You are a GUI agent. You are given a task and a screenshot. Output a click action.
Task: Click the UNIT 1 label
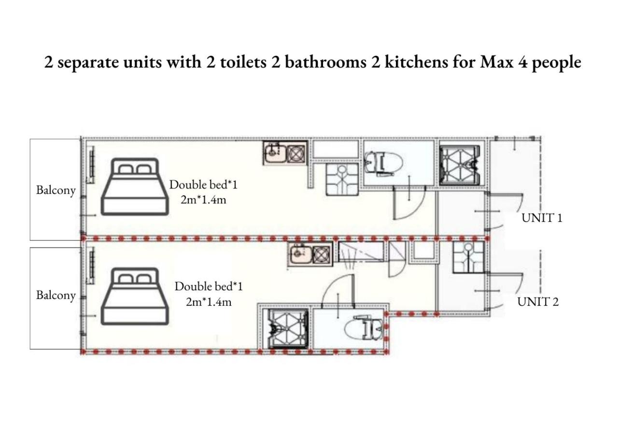(542, 218)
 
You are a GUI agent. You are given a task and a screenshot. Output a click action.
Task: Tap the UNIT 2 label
(538, 302)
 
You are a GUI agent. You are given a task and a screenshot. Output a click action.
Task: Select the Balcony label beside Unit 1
(56, 190)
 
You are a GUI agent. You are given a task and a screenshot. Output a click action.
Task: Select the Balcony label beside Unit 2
(56, 296)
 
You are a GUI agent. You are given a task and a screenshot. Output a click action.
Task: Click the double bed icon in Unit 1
(135, 187)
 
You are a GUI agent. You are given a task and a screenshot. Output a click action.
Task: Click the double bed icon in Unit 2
(135, 296)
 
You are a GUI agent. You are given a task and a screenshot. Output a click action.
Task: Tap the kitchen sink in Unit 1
(274, 153)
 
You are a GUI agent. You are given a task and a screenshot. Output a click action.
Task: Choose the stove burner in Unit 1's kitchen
(296, 154)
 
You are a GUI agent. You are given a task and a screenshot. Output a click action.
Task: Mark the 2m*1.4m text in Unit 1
(204, 200)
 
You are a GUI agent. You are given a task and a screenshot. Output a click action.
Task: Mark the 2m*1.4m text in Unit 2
(209, 302)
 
